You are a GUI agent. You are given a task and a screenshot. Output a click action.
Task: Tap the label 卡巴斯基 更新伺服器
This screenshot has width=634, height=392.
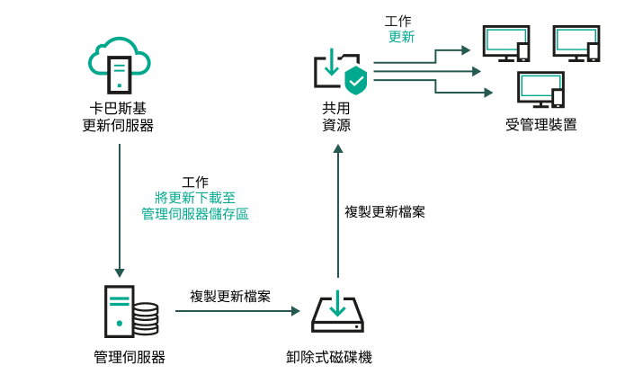(118, 117)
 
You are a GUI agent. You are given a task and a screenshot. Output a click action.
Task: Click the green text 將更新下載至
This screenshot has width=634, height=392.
(195, 198)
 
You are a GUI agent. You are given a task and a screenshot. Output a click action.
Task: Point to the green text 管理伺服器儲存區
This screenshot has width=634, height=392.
(195, 214)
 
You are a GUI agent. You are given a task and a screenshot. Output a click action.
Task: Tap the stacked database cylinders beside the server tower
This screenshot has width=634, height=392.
(145, 318)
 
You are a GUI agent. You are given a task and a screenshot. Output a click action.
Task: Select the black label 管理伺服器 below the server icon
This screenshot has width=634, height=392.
(129, 357)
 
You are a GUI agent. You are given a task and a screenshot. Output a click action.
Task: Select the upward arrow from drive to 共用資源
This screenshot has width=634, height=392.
(337, 211)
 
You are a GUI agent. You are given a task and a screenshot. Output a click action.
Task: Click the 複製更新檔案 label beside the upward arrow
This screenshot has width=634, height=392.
(386, 212)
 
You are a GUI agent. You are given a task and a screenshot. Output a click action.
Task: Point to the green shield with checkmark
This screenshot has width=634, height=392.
(356, 79)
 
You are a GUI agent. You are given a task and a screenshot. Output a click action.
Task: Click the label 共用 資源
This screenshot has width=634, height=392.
(336, 117)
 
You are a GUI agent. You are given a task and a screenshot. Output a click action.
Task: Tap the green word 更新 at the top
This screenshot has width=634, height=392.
(401, 38)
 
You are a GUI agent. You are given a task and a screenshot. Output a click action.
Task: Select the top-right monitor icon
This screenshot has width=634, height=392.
(576, 43)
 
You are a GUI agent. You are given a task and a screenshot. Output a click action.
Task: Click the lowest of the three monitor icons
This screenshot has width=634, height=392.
(540, 90)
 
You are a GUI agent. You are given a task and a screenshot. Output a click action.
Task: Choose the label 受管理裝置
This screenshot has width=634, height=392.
(540, 124)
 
